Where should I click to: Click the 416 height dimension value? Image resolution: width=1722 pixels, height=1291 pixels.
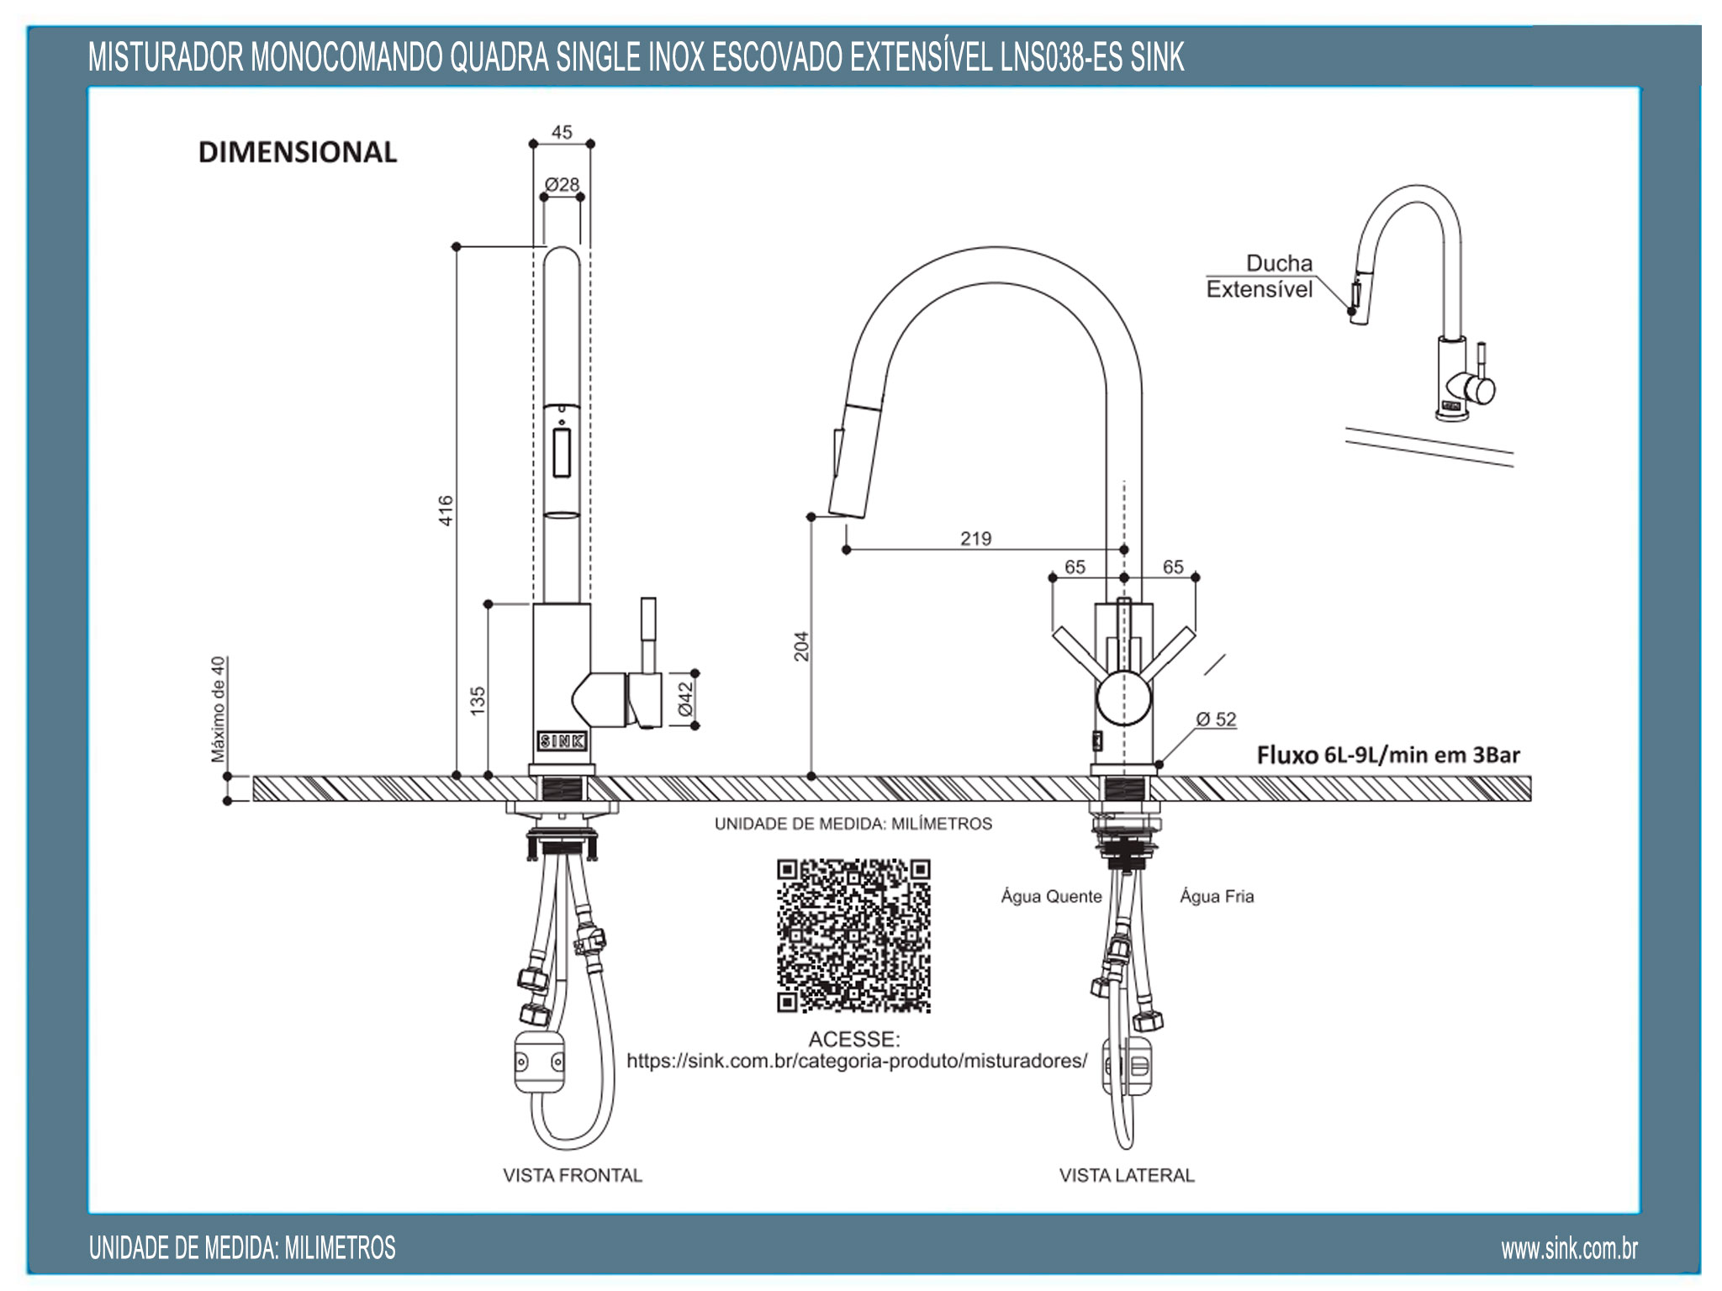tap(446, 510)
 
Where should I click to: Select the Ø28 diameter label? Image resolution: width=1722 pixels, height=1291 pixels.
tap(562, 184)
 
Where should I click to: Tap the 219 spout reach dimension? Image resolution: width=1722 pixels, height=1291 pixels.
tap(975, 538)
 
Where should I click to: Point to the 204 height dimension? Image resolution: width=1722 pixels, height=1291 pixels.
tap(801, 645)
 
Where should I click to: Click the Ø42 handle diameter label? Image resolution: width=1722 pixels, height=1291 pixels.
tap(685, 698)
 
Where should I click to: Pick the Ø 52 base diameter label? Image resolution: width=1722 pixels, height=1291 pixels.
tap(1216, 719)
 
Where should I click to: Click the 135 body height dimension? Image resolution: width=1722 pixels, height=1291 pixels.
tap(478, 700)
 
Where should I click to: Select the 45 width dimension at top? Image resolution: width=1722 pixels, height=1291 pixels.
tap(562, 132)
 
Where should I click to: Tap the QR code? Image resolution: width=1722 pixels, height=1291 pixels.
tap(853, 935)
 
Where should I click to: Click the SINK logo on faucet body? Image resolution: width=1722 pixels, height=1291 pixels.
tap(562, 741)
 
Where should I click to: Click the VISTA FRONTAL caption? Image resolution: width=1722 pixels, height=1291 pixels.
tap(573, 1175)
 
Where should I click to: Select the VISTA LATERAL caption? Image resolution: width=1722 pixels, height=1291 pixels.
tap(1126, 1175)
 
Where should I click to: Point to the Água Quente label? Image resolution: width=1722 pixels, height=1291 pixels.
tap(1051, 896)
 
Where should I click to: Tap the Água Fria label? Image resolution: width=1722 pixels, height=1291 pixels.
tap(1216, 896)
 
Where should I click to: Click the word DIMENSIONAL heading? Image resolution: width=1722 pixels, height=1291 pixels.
tap(298, 152)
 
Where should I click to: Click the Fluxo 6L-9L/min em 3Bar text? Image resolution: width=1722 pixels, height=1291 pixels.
tap(1388, 755)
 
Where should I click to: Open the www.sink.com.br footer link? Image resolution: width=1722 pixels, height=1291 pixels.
tap(1569, 1249)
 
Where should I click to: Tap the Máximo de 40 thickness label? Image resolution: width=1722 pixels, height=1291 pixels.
tap(219, 709)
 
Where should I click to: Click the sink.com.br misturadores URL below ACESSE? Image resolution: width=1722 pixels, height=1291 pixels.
tap(857, 1061)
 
